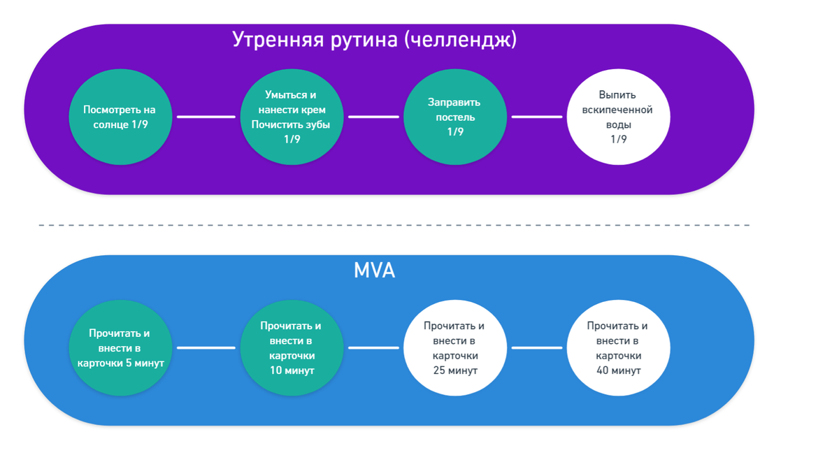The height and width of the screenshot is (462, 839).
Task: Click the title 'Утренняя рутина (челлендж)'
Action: (374, 40)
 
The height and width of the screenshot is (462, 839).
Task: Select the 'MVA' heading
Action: (374, 270)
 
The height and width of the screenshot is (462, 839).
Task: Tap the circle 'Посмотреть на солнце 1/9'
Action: (120, 117)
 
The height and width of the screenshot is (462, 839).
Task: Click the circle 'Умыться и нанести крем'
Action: (292, 117)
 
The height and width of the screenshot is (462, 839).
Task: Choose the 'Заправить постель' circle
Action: (455, 117)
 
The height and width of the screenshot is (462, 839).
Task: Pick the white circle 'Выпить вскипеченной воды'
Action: (619, 117)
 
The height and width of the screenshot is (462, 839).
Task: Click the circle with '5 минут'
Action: (120, 347)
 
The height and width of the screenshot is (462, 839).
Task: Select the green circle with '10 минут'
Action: (292, 347)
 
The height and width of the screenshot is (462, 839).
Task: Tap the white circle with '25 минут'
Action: (455, 347)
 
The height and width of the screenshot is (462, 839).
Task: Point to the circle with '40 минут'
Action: (619, 347)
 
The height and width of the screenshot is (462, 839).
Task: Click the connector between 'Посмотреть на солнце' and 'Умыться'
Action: (206, 117)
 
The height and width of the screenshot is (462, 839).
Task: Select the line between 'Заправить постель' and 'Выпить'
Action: (537, 117)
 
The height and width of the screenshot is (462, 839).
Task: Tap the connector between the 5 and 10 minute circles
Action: (206, 347)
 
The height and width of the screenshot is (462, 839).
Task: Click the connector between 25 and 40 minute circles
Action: (537, 347)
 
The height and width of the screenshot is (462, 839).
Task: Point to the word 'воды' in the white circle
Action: (619, 124)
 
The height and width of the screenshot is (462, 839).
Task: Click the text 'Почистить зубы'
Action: (292, 124)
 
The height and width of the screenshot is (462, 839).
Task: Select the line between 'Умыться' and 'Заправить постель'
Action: (373, 117)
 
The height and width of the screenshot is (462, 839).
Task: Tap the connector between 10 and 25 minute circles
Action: (373, 347)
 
